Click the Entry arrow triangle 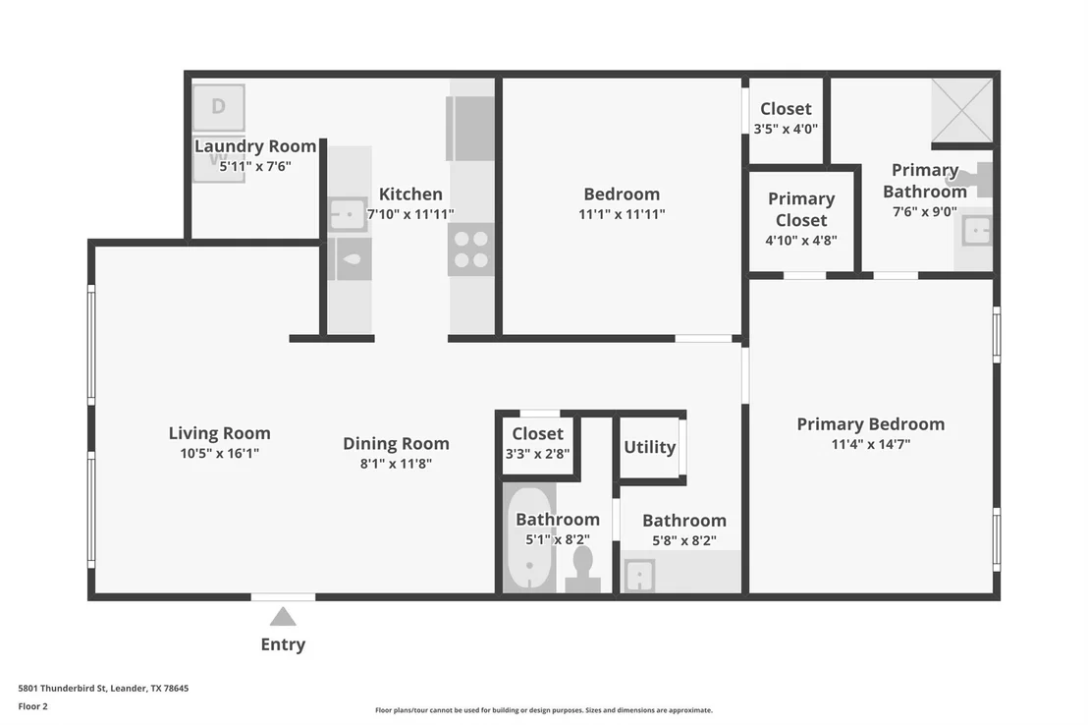283,617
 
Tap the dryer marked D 219,107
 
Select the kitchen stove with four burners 471,250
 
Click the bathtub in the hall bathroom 528,539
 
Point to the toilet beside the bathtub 583,570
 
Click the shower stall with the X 961,110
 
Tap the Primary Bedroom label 871,424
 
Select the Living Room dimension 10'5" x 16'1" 220,454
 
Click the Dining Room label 396,443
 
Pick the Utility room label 649,447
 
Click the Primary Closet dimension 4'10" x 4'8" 801,241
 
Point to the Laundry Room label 255,146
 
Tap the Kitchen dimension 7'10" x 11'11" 410,214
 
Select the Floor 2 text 32,706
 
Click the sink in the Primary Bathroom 977,231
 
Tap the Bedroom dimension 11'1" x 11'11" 622,214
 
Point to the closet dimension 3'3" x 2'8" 538,454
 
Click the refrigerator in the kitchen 470,129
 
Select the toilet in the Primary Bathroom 980,180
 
